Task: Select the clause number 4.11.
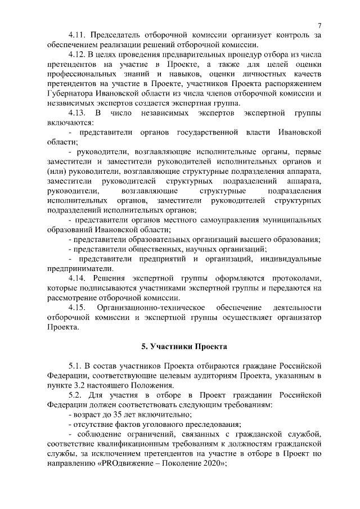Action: click(x=78, y=35)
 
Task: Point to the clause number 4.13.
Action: click(x=78, y=113)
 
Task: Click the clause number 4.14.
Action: click(x=78, y=278)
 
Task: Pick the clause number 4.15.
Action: click(x=78, y=308)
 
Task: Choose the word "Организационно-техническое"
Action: click(x=151, y=308)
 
